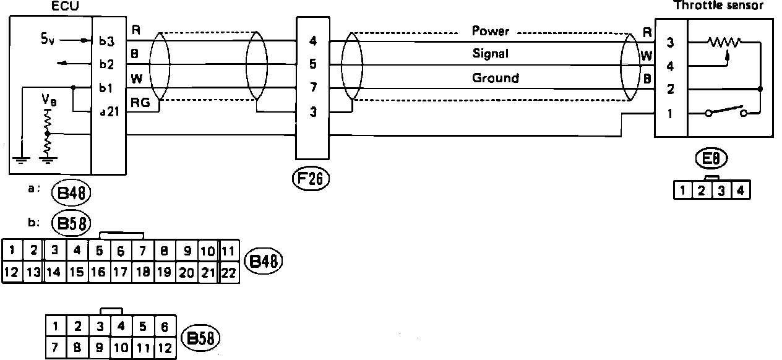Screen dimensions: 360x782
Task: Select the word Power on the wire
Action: pyautogui.click(x=491, y=30)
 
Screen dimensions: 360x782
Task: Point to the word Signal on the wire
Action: pyautogui.click(x=490, y=54)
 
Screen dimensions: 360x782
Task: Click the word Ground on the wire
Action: pyautogui.click(x=496, y=78)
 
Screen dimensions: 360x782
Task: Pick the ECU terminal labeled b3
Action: pyautogui.click(x=106, y=42)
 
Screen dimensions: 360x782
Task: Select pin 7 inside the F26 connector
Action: pyautogui.click(x=312, y=88)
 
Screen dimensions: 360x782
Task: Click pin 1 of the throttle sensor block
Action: pyautogui.click(x=671, y=114)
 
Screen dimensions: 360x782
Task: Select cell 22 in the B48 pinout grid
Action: pyautogui.click(x=228, y=272)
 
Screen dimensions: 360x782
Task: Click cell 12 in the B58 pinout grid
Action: pyautogui.click(x=165, y=347)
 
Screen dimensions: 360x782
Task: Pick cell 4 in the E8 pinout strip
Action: pyautogui.click(x=741, y=190)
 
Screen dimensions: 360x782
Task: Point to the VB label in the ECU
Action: pyautogui.click(x=47, y=100)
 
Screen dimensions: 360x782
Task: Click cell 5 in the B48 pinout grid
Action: pyautogui.click(x=99, y=251)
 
